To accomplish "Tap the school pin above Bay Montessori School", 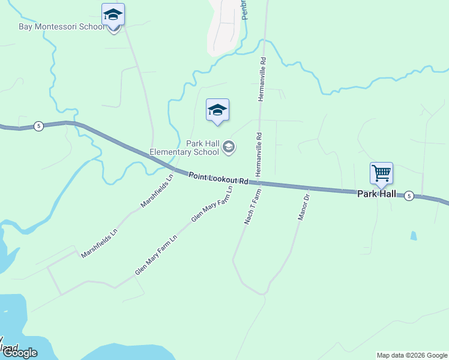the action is pyautogui.click(x=113, y=14).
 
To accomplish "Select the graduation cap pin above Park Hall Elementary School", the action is pyautogui.click(x=217, y=110).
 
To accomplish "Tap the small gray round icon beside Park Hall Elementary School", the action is pyautogui.click(x=228, y=146).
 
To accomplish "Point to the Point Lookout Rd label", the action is pyautogui.click(x=218, y=178).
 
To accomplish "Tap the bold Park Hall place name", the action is pyautogui.click(x=376, y=194).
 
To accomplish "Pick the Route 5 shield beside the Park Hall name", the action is pyautogui.click(x=409, y=196).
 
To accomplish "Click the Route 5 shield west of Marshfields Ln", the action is pyautogui.click(x=38, y=126).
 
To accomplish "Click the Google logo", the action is pyautogui.click(x=19, y=353).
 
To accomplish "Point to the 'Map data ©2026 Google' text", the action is pyautogui.click(x=412, y=355).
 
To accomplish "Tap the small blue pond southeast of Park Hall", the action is pyautogui.click(x=413, y=236).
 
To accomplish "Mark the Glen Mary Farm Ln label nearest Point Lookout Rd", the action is pyautogui.click(x=211, y=205).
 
